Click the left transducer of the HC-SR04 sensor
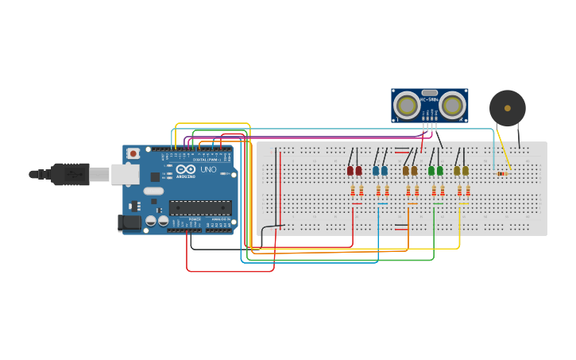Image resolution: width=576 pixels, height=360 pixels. pyautogui.click(x=407, y=106)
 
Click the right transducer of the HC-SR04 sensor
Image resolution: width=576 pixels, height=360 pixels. pyautogui.click(x=452, y=106)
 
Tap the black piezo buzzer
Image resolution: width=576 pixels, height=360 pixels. pyautogui.click(x=507, y=108)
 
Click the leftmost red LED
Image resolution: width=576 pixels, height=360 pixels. pyautogui.click(x=350, y=170)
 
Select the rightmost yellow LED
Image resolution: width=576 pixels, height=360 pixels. pyautogui.click(x=466, y=170)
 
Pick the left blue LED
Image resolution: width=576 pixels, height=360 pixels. pyautogui.click(x=376, y=170)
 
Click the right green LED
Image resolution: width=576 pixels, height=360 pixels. pyautogui.click(x=440, y=170)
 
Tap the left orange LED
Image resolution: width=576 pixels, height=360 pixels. pyautogui.click(x=405, y=170)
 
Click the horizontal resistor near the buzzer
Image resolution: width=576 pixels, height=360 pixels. pyautogui.click(x=501, y=173)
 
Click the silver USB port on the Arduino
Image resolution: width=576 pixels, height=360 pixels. pyautogui.click(x=125, y=173)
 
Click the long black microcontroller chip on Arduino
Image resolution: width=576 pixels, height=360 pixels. pyautogui.click(x=199, y=208)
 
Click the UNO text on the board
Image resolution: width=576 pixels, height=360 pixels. pyautogui.click(x=208, y=170)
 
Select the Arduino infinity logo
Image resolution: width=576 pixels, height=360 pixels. pyautogui.click(x=187, y=169)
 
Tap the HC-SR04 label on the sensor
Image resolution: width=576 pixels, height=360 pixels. pyautogui.click(x=429, y=99)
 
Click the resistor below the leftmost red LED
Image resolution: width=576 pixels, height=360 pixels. pyautogui.click(x=353, y=191)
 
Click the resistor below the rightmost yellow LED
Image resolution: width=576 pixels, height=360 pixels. pyautogui.click(x=468, y=191)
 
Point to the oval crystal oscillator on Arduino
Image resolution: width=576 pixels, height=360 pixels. pyautogui.click(x=153, y=191)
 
